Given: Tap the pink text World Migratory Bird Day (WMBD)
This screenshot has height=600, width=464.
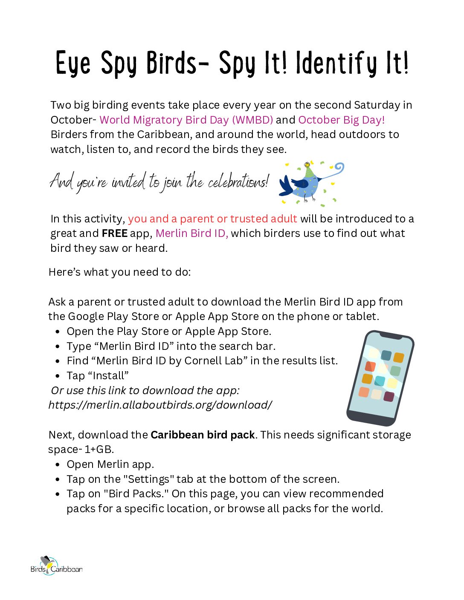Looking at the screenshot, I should (x=186, y=120).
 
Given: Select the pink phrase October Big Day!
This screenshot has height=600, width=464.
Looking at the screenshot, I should (x=341, y=120).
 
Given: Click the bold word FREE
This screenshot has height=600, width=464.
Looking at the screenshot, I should (x=114, y=233).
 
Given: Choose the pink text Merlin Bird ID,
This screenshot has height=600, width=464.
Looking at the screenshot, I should (x=191, y=233).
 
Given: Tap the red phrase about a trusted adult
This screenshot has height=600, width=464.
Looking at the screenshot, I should (x=212, y=219).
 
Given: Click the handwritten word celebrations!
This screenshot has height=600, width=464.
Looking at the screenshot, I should (x=239, y=182).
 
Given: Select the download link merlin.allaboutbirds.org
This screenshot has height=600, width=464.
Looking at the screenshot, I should (x=160, y=405).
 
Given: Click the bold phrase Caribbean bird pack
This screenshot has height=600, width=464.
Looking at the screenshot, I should (x=203, y=435).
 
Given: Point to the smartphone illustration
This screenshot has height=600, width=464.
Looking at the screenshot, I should (x=380, y=378).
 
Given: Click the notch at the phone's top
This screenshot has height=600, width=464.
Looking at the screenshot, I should (x=391, y=336).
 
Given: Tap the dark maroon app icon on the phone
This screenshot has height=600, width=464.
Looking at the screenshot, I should (x=389, y=397).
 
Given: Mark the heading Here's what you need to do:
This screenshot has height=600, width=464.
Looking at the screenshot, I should (x=119, y=272).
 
